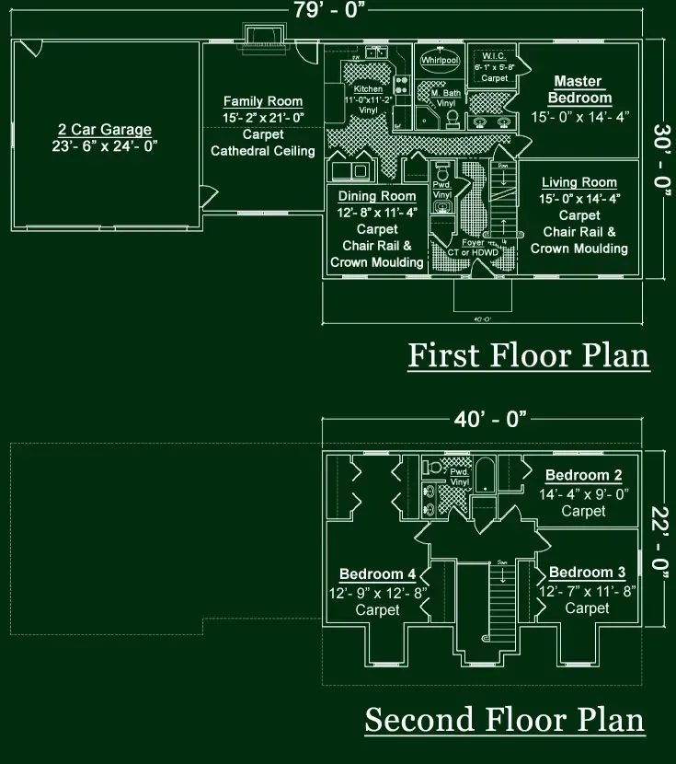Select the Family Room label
pyautogui.click(x=263, y=101)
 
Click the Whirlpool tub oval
pyautogui.click(x=439, y=60)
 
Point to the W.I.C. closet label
pyautogui.click(x=495, y=55)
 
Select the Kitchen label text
pyautogui.click(x=368, y=89)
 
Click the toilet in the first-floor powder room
pyautogui.click(x=441, y=173)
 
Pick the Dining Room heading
pyautogui.click(x=377, y=196)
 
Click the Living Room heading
pyautogui.click(x=579, y=183)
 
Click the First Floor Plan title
pyautogui.click(x=528, y=355)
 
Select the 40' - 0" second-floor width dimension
pyautogui.click(x=490, y=419)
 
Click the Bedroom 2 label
pyautogui.click(x=584, y=476)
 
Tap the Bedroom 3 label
pyautogui.click(x=587, y=573)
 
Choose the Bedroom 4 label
pyautogui.click(x=377, y=574)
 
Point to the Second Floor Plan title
pyautogui.click(x=504, y=720)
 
